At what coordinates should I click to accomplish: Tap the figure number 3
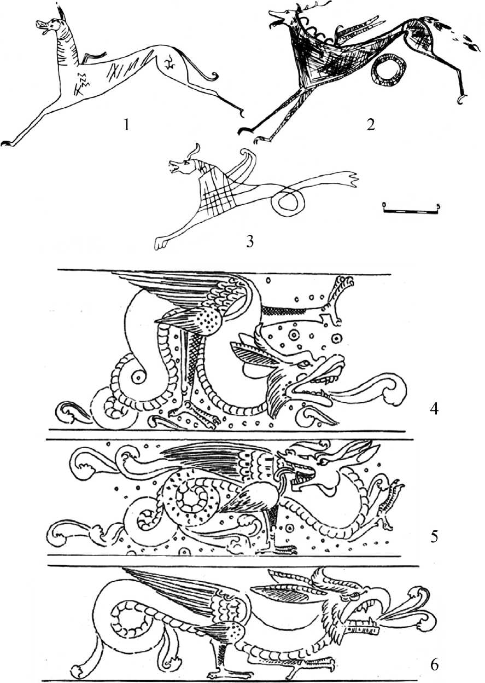point(249,242)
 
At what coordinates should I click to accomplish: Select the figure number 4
point(434,409)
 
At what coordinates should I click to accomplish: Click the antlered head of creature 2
point(289,17)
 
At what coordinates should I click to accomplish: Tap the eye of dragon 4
point(305,364)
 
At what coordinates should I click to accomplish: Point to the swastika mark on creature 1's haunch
point(168,63)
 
